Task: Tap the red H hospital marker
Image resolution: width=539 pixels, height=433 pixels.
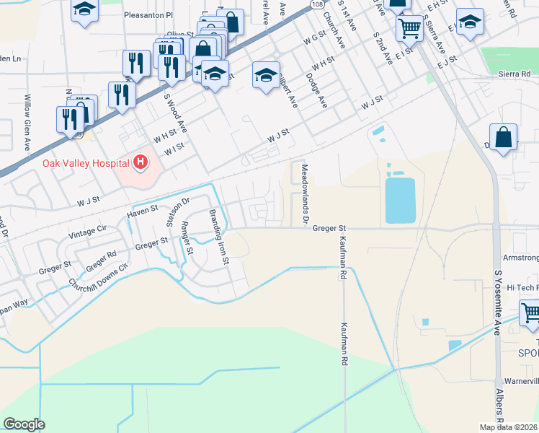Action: click(x=141, y=162)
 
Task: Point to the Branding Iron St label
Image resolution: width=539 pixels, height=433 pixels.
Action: click(x=219, y=236)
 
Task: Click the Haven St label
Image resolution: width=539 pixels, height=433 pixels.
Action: click(x=141, y=211)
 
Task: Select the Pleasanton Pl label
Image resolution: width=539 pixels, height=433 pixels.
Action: click(x=148, y=14)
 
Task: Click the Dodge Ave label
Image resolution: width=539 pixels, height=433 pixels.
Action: click(x=316, y=90)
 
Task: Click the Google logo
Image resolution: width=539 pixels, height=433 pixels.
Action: click(x=24, y=424)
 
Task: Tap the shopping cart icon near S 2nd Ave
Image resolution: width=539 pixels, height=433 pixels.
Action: click(x=409, y=29)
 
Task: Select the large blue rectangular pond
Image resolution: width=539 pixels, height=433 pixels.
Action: click(x=401, y=200)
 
